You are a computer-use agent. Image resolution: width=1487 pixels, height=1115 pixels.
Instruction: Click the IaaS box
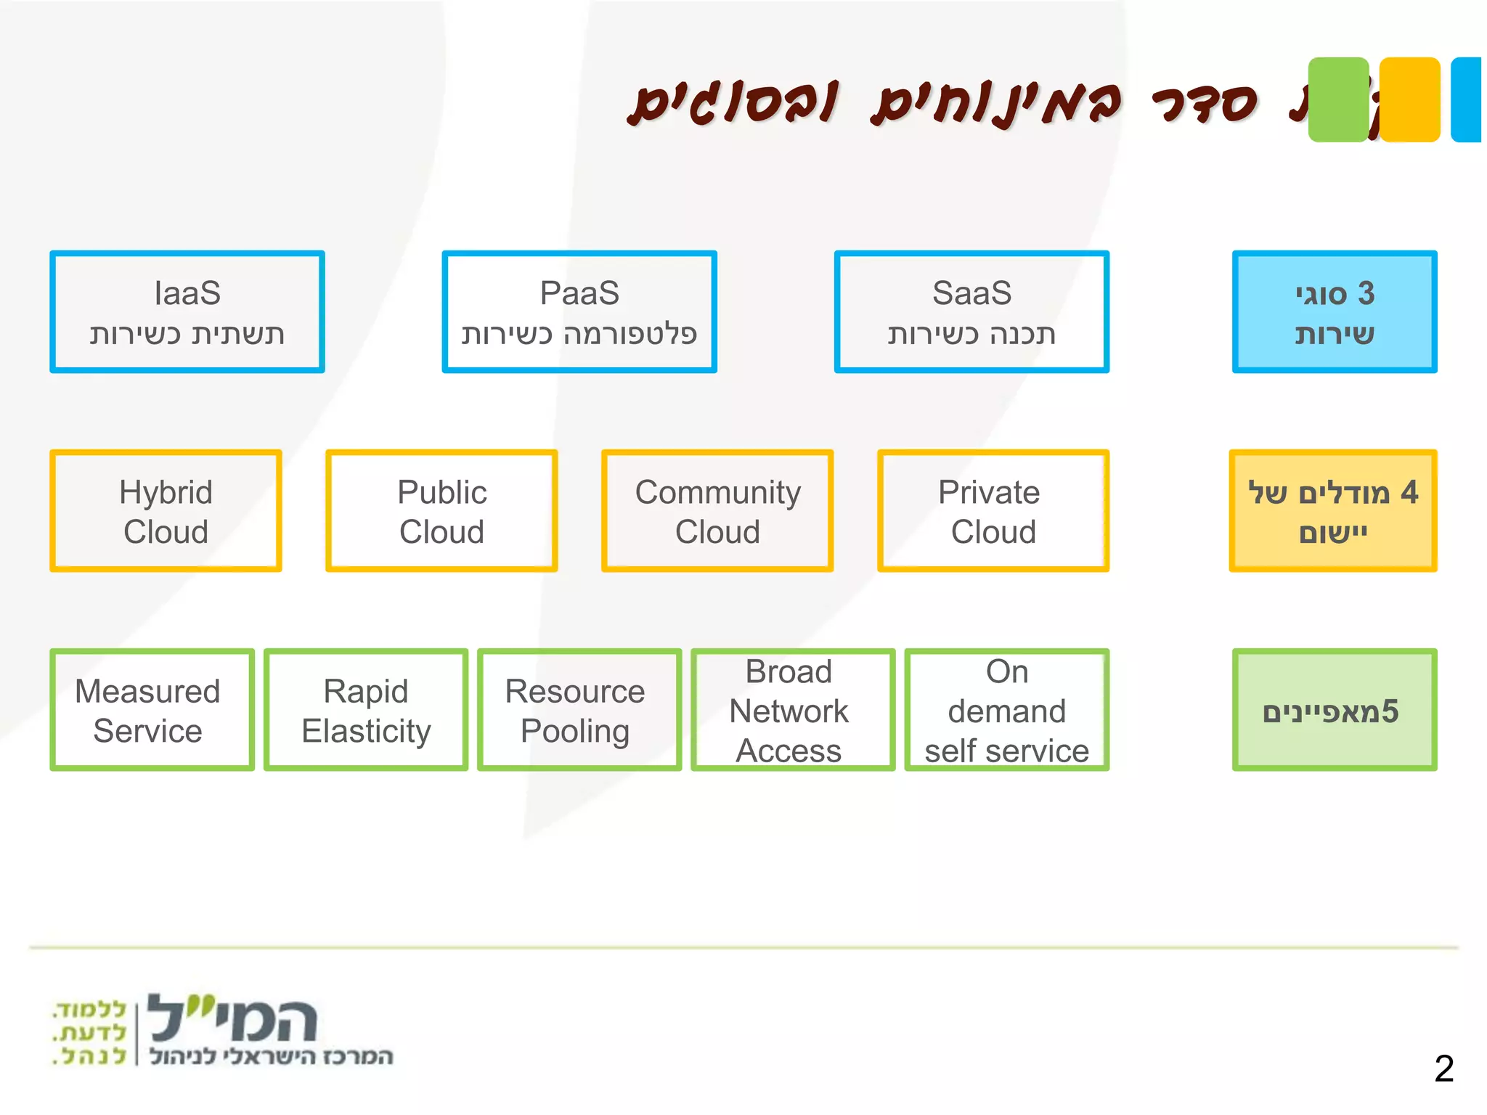pyautogui.click(x=187, y=312)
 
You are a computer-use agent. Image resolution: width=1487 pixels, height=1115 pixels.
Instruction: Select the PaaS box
pyautogui.click(x=579, y=312)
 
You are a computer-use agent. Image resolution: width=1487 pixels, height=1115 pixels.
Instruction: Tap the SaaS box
pyautogui.click(x=971, y=312)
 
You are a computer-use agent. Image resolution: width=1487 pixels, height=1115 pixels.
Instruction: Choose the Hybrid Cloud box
pyautogui.click(x=166, y=511)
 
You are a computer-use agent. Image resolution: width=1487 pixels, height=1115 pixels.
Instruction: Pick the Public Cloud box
pyautogui.click(x=441, y=511)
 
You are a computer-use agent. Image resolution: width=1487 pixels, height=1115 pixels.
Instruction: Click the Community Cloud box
pyautogui.click(x=717, y=511)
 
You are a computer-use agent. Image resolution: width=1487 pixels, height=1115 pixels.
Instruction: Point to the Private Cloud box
pyautogui.click(x=993, y=511)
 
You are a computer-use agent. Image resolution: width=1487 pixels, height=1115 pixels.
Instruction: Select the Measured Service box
pyautogui.click(x=152, y=710)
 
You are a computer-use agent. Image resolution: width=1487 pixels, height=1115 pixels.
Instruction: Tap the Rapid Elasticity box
pyautogui.click(x=366, y=710)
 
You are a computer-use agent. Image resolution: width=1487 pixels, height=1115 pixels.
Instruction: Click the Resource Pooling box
pyautogui.click(x=579, y=710)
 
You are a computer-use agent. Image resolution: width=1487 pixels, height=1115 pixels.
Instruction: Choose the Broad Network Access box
pyautogui.click(x=793, y=710)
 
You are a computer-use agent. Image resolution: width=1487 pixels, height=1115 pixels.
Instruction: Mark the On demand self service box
pyautogui.click(x=1007, y=710)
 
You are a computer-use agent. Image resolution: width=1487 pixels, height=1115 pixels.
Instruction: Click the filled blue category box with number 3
pyautogui.click(x=1335, y=312)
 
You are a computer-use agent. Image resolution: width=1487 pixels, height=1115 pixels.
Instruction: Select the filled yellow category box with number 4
pyautogui.click(x=1333, y=511)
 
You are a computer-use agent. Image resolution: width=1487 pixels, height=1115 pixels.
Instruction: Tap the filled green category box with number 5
pyautogui.click(x=1335, y=710)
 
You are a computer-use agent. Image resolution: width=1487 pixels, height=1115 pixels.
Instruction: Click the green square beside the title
pyautogui.click(x=1338, y=99)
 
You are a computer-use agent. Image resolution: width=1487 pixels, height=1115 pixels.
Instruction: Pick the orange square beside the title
pyautogui.click(x=1409, y=99)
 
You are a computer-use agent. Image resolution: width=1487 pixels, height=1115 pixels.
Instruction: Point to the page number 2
pyautogui.click(x=1444, y=1069)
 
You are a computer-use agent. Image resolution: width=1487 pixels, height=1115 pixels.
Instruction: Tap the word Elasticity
pyautogui.click(x=366, y=731)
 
